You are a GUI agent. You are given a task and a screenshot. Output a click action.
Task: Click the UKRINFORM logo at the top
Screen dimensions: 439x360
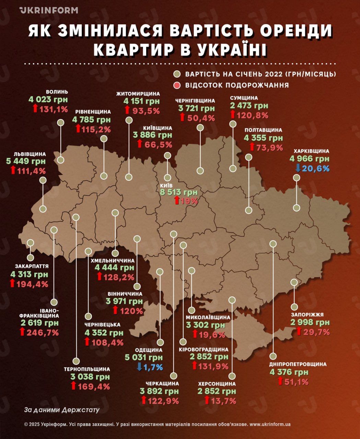pyautogui.click(x=49, y=10)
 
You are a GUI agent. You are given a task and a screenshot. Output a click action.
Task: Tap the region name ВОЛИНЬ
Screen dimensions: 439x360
pyautogui.click(x=57, y=92)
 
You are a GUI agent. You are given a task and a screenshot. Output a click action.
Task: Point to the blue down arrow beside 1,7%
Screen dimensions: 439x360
pyautogui.click(x=139, y=367)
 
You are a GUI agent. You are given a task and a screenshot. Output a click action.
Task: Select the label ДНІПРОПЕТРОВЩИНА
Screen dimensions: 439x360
pyautogui.click(x=298, y=364)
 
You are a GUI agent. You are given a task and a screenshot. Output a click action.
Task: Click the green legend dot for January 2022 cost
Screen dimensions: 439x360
pyautogui.click(x=177, y=74)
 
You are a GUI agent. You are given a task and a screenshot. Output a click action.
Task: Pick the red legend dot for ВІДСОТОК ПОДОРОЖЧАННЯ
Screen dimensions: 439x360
pyautogui.click(x=177, y=85)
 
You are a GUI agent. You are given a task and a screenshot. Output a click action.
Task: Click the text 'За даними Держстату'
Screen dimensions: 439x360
pyautogui.click(x=62, y=410)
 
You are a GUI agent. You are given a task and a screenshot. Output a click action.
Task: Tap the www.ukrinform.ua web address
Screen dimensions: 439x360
pyautogui.click(x=270, y=424)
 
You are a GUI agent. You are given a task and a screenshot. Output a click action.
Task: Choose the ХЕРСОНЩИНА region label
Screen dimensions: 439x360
pyautogui.click(x=217, y=384)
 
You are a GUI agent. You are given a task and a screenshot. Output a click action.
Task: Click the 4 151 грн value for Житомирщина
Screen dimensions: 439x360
pyautogui.click(x=142, y=102)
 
